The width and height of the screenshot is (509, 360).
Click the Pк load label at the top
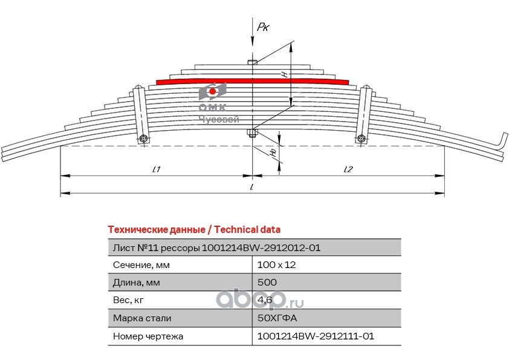[x=262, y=27]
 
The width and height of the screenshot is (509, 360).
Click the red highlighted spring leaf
[x=253, y=81]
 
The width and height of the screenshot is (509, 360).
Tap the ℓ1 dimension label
[x=155, y=169]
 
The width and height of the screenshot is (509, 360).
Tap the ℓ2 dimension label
[x=348, y=169]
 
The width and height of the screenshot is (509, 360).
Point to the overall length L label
[x=252, y=188]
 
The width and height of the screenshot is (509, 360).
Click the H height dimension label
[x=285, y=73]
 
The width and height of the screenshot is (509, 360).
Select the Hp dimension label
[x=274, y=153]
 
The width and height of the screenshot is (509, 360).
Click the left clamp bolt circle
[x=143, y=140]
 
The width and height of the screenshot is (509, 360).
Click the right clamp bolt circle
[x=361, y=139]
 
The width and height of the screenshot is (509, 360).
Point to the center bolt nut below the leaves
[x=253, y=134]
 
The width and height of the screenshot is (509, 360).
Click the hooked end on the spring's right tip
[x=501, y=140]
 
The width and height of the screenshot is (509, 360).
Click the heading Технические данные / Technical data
[x=193, y=230]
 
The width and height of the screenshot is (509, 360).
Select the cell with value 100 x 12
[x=276, y=264]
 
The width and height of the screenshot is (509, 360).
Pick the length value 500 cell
[x=267, y=282]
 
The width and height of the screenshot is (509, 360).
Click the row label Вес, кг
[x=129, y=300]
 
